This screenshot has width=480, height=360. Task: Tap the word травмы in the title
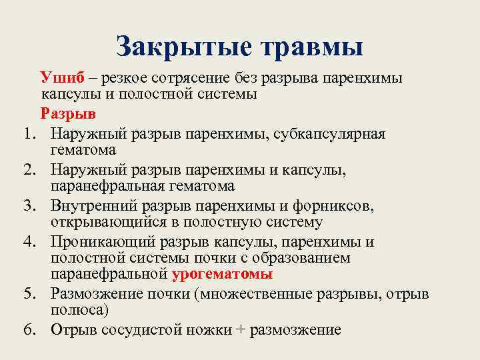tap(308, 47)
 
